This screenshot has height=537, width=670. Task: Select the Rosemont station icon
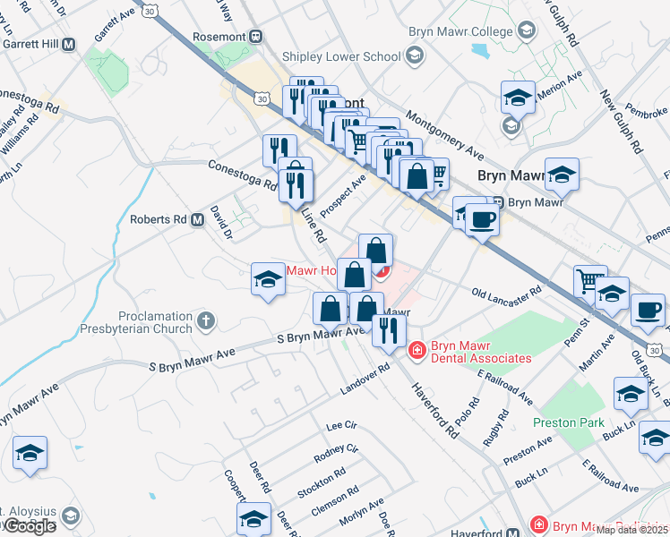coord(256,37)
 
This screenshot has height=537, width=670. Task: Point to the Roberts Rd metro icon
coord(197,219)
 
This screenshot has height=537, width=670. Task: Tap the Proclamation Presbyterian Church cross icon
coord(206,320)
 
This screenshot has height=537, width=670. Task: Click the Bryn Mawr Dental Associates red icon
coord(416,349)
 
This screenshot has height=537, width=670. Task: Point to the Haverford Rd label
coord(435,410)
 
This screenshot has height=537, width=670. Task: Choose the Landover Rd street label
coord(365,379)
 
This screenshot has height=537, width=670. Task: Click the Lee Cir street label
coord(341,425)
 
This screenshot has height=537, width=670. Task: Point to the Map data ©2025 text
coord(631,529)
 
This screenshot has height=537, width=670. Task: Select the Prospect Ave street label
coord(344,193)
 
